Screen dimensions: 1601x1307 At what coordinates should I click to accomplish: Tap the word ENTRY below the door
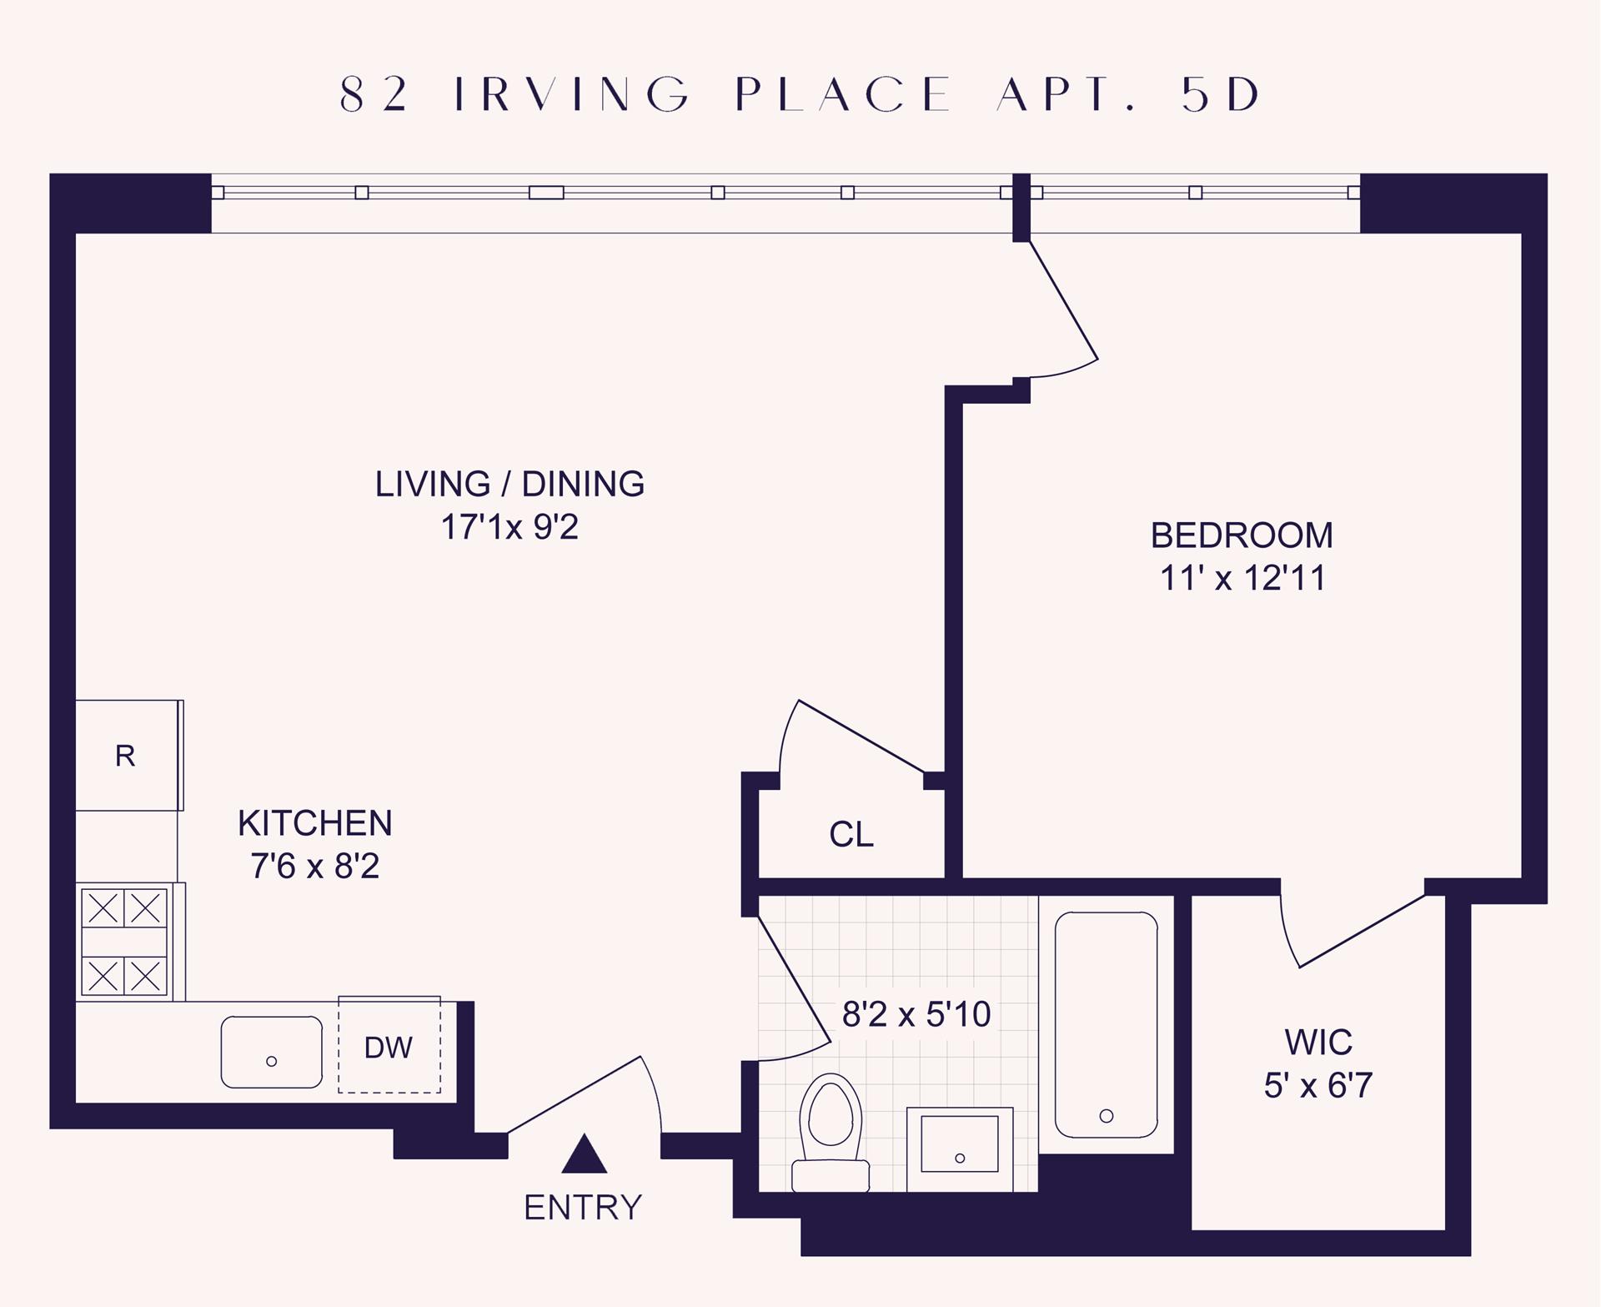[583, 1208]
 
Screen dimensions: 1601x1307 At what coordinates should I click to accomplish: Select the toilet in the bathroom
[831, 1133]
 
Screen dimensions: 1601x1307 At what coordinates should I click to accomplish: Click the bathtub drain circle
[1107, 1116]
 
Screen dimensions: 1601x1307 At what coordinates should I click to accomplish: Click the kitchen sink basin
[272, 1052]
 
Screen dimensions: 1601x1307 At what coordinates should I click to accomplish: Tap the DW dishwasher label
[389, 1048]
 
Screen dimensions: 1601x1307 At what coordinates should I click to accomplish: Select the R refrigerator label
[125, 756]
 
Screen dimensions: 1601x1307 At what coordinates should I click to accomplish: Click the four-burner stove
[124, 942]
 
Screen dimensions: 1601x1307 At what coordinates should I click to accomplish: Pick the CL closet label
[851, 834]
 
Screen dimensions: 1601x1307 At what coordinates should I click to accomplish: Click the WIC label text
[1318, 1043]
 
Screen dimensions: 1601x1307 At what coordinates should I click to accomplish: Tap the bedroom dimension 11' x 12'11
[1242, 578]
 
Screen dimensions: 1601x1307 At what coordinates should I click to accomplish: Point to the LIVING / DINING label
[509, 484]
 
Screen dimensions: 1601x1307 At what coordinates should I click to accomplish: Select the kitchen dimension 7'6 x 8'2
[315, 866]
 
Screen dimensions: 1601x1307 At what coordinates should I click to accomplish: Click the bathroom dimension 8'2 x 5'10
[916, 1014]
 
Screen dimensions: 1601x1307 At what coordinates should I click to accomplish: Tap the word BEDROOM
[1242, 535]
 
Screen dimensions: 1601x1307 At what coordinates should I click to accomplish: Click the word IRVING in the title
[574, 94]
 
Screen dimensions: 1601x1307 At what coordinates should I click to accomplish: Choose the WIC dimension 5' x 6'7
[1318, 1085]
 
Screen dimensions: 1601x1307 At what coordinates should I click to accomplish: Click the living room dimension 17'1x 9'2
[509, 527]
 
